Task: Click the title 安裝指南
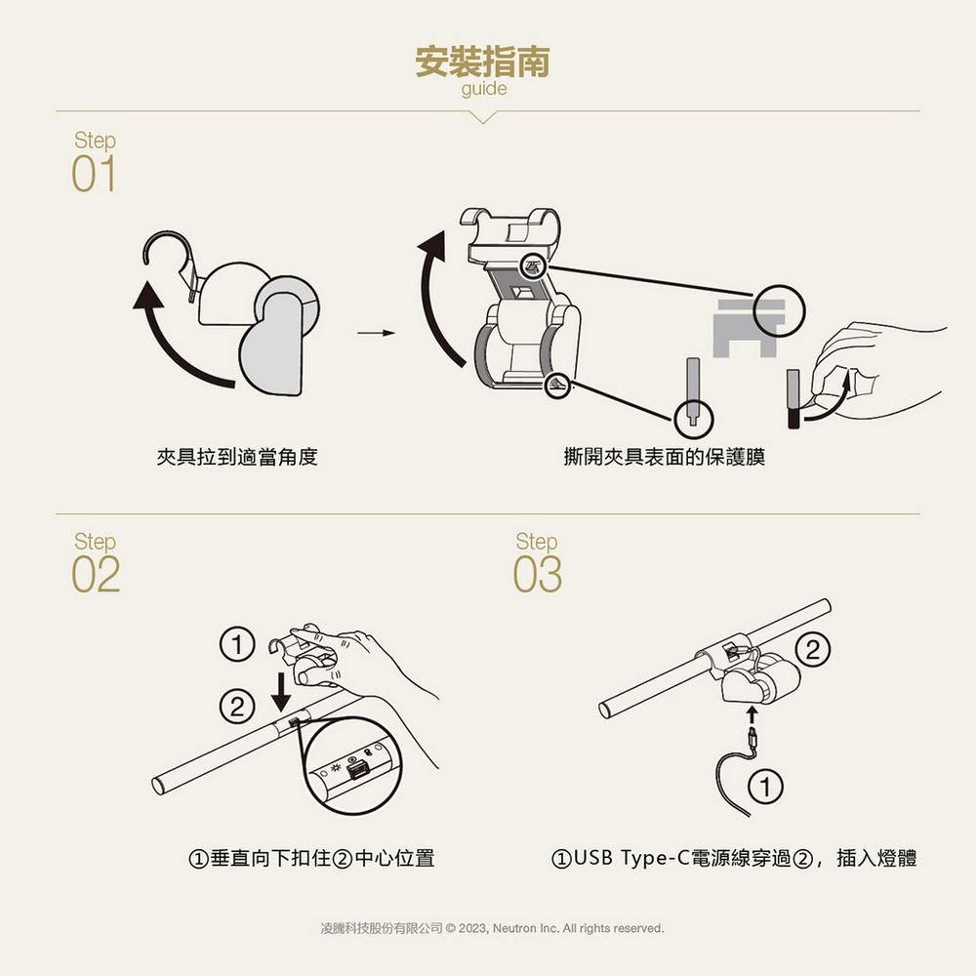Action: click(482, 61)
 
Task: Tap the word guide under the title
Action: click(484, 89)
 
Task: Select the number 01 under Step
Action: click(94, 174)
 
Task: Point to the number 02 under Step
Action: click(96, 574)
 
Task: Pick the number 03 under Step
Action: click(537, 574)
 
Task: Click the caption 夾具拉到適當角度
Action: click(237, 457)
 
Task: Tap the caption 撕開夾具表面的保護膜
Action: click(664, 457)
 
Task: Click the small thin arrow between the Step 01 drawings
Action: click(376, 333)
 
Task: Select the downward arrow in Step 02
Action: click(281, 691)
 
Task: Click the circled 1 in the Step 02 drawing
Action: click(237, 645)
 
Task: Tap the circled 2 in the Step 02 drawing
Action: click(237, 707)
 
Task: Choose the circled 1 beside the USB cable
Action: click(765, 787)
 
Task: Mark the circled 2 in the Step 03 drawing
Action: click(813, 650)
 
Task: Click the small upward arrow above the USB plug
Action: click(752, 714)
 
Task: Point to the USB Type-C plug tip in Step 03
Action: click(752, 732)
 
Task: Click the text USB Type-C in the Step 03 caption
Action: click(631, 858)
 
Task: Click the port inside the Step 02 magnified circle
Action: click(355, 772)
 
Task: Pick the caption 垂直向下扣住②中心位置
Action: click(311, 858)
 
